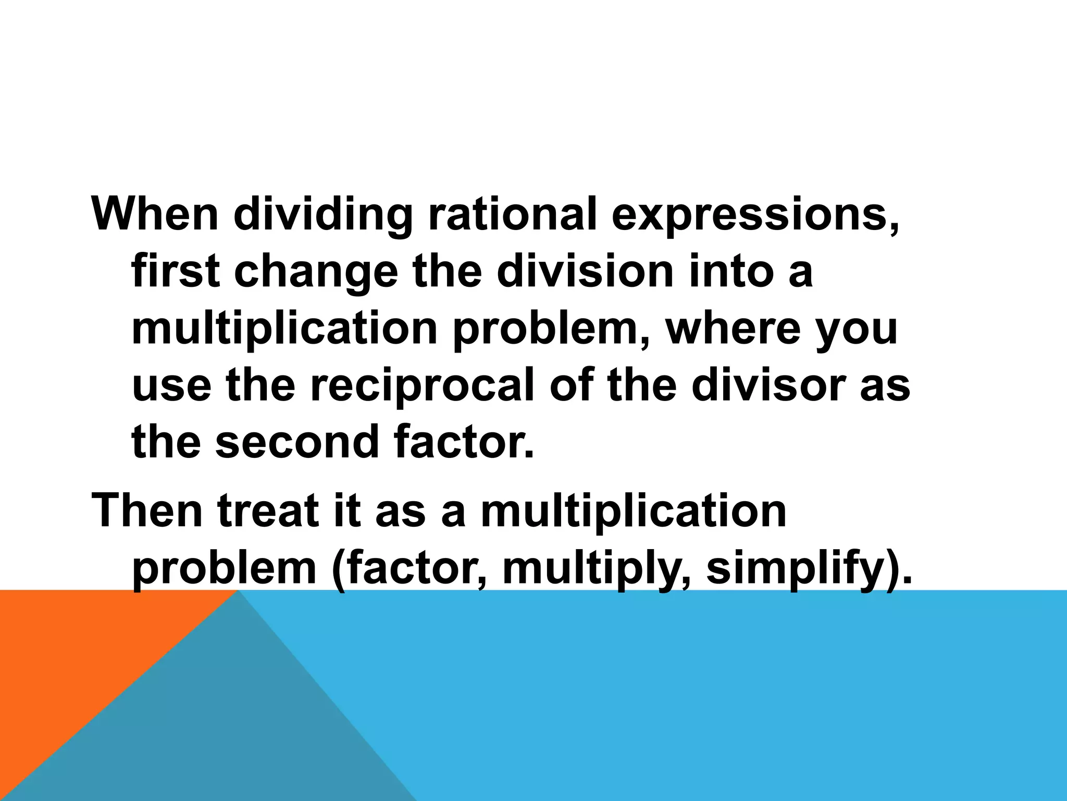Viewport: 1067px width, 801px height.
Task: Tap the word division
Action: (x=586, y=272)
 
